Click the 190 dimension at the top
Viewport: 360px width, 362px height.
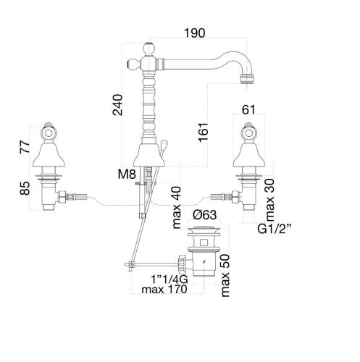194,33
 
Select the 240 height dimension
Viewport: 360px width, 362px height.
118,105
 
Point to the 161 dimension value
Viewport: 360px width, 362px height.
204,132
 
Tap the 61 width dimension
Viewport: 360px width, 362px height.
248,110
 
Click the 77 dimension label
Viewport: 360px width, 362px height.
25,146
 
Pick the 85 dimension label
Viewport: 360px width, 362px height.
25,188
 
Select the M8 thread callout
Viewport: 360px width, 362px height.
127,174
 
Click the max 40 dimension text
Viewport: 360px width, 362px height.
177,207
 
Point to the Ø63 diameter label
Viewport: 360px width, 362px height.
205,214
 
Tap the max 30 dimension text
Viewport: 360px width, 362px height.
270,200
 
